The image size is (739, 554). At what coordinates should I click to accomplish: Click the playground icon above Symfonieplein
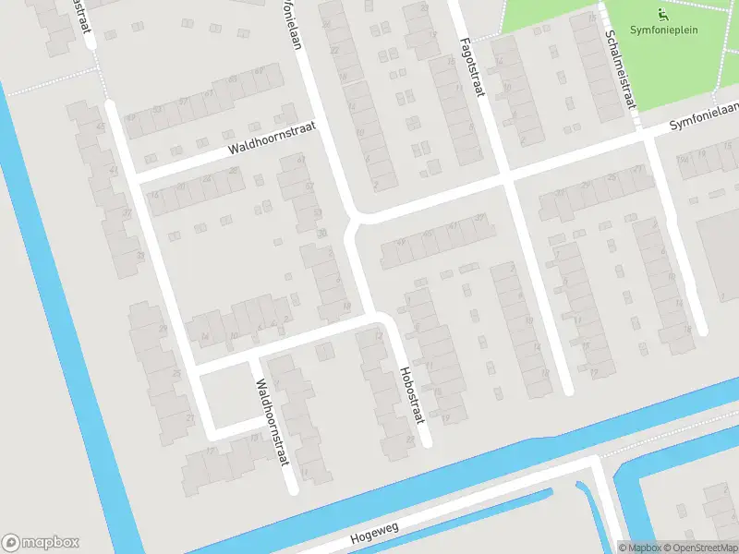click(661, 14)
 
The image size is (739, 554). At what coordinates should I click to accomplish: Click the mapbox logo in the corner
click(41, 543)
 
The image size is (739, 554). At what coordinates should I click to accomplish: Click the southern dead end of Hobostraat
click(426, 443)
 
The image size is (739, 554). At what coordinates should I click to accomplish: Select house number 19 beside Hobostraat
click(445, 419)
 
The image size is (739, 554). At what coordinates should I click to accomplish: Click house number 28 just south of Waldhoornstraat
click(234, 171)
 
